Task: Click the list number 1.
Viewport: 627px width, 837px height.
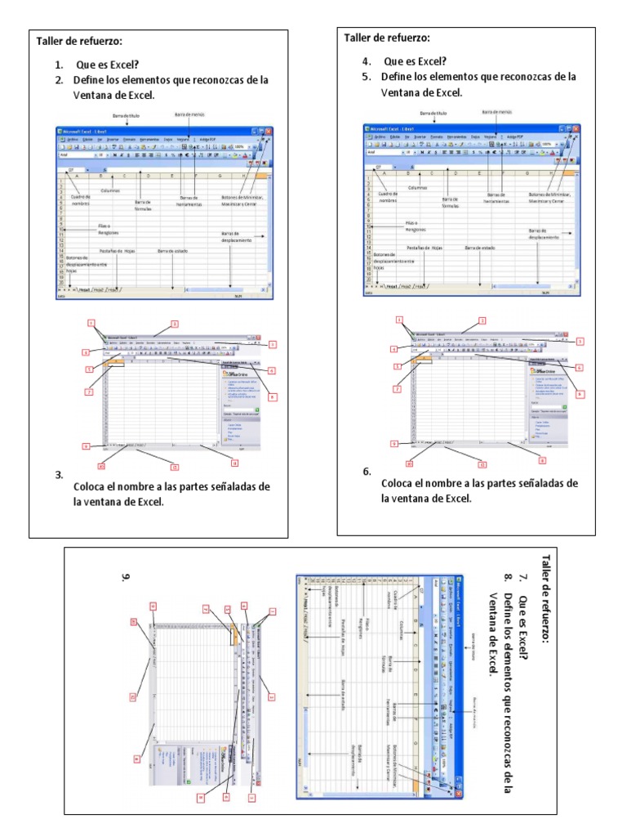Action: [59, 65]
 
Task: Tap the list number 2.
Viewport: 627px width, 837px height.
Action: [59, 80]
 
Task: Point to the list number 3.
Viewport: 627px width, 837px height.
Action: [59, 474]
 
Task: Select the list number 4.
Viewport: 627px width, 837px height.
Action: [367, 61]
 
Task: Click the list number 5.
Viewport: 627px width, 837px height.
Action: [367, 77]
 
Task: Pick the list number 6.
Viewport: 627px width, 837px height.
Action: [367, 472]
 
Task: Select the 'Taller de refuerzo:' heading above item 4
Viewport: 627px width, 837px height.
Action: [387, 38]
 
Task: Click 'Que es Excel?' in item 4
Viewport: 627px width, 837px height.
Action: [416, 61]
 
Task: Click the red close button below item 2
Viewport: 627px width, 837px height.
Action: [268, 131]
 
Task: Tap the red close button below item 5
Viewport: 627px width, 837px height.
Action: [575, 128]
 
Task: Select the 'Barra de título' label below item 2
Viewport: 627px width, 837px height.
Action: [128, 116]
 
